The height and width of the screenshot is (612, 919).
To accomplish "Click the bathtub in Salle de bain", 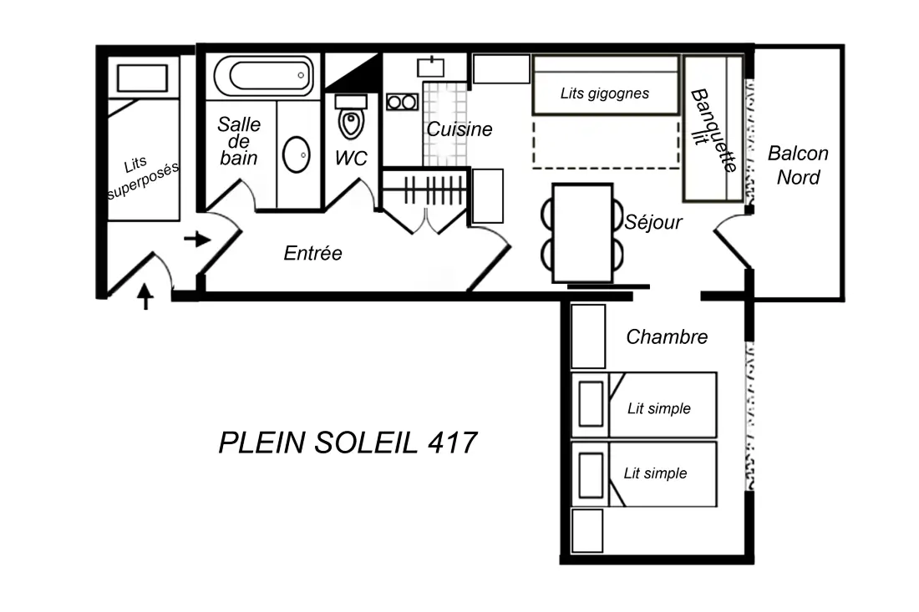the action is coord(264,75).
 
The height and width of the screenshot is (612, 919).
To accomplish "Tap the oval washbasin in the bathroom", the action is coord(297,154).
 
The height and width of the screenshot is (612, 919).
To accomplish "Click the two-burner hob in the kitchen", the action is coord(402,103).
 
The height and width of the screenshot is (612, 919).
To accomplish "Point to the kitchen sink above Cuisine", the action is coord(431,68).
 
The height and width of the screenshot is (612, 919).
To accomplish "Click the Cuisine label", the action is coord(459,129).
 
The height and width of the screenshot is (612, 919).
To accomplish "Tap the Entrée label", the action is coord(313,253).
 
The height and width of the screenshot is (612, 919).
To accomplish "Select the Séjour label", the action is coord(653,223).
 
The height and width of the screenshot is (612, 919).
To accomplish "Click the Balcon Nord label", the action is coord(798,165).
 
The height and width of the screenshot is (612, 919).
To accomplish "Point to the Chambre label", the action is coord(667,336).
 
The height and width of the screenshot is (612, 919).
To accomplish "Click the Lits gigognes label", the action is coord(605,94).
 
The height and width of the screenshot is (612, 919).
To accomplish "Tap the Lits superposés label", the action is coord(143,177).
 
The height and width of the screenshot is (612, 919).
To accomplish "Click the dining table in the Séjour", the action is coord(582,233).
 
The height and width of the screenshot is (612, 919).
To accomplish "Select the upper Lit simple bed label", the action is coord(659,408).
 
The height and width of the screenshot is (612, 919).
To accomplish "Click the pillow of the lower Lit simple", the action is coord(591,475).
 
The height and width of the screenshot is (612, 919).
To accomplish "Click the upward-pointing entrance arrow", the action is coord(145,296).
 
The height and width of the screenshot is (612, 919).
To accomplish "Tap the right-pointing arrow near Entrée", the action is coord(197,239).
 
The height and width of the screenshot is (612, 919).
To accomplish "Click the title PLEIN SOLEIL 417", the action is coord(348,443).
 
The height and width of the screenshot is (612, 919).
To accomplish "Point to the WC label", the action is coord(351,158).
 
